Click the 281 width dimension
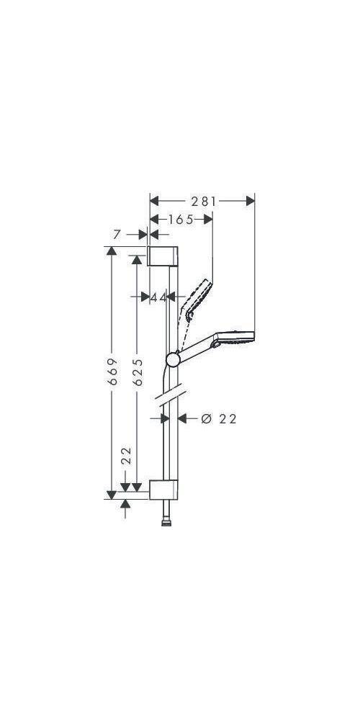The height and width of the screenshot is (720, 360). pyautogui.click(x=204, y=202)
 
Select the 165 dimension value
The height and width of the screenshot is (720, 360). pyautogui.click(x=181, y=220)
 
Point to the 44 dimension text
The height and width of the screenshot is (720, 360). pyautogui.click(x=158, y=297)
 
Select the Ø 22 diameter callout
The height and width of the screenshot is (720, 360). pyautogui.click(x=220, y=418)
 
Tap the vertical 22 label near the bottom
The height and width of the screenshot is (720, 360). pyautogui.click(x=126, y=456)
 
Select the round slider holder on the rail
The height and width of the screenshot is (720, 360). pyautogui.click(x=173, y=359)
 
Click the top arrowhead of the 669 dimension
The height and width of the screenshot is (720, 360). pyautogui.click(x=111, y=251)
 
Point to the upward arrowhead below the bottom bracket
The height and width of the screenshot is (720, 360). pyautogui.click(x=127, y=506)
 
